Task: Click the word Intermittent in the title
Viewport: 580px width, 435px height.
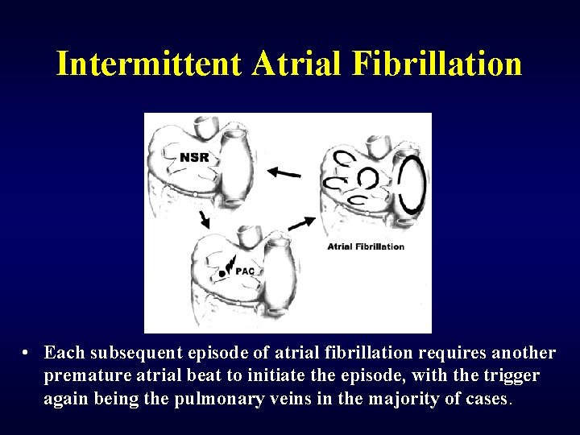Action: tap(149, 63)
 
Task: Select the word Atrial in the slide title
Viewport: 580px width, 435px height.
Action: tap(296, 63)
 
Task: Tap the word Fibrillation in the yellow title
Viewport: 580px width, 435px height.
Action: tap(437, 63)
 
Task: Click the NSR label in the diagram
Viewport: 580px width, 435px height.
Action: tap(194, 157)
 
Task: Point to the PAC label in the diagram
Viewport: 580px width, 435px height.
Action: tap(245, 271)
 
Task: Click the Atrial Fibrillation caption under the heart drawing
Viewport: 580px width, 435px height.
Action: tap(366, 246)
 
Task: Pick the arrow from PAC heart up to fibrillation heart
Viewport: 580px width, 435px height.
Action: tap(300, 222)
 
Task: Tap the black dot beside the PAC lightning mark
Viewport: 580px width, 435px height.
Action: tap(222, 274)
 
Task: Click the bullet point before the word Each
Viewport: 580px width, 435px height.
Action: tap(27, 354)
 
